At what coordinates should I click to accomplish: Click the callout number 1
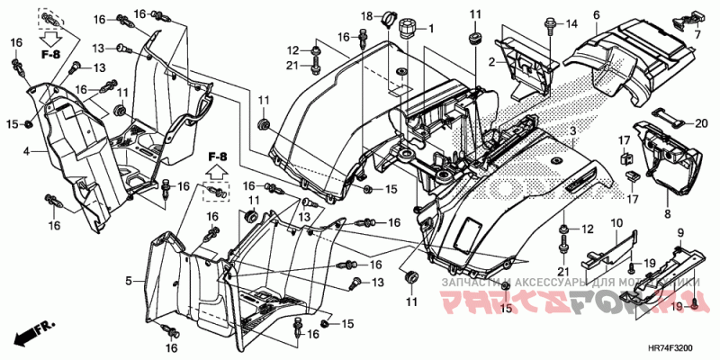[430, 29]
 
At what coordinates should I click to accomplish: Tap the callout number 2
[492, 61]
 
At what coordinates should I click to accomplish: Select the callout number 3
[571, 132]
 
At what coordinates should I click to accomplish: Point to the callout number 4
[27, 152]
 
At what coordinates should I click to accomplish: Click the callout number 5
[129, 282]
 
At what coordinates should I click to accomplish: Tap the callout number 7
[695, 33]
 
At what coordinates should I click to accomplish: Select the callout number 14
[570, 23]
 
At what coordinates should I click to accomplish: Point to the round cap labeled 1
[407, 28]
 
